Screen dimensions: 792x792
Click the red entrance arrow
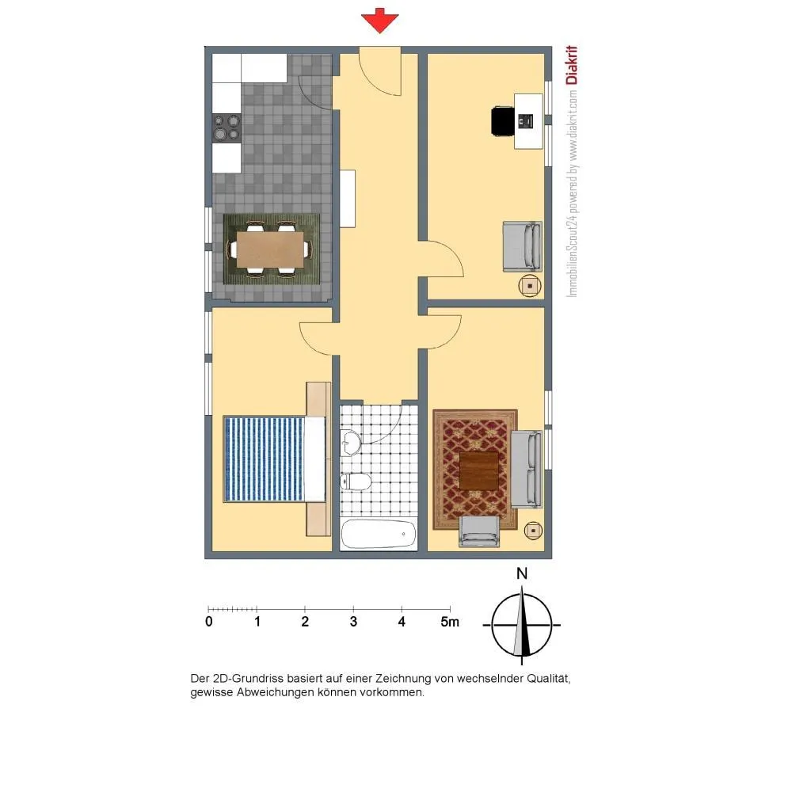coord(380,21)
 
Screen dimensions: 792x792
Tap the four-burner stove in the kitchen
coord(227,128)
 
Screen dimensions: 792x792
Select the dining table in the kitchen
coord(270,249)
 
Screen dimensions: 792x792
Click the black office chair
coord(503,121)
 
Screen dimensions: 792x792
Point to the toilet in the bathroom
coord(356,482)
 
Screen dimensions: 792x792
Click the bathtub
coord(379,535)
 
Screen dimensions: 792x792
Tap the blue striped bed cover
coord(265,459)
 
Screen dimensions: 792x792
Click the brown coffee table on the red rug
coord(479,471)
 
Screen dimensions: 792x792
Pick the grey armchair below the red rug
coord(479,531)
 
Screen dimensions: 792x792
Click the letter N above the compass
coord(522,573)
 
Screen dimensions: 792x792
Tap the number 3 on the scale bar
coord(353,622)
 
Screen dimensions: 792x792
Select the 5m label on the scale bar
coord(450,622)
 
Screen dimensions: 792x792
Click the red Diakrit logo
coord(571,65)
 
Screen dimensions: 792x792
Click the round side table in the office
coord(530,286)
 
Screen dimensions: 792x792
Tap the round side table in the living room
coord(533,531)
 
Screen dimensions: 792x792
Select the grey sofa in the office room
coord(522,246)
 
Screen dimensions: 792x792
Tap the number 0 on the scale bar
coord(209,622)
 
